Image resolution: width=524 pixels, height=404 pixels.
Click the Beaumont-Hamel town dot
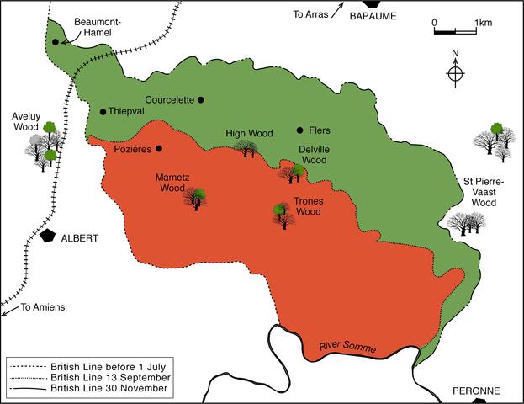click(56, 41)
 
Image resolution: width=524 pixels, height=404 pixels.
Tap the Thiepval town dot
click(103, 112)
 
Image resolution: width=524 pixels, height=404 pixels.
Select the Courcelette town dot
click(201, 99)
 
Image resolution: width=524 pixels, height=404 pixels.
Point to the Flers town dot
click(300, 130)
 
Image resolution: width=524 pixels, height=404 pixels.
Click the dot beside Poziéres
click(158, 149)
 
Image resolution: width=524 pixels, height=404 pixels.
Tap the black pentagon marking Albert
click(49, 237)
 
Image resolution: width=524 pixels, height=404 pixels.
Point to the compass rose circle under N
click(454, 74)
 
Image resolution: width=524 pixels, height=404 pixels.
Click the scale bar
click(457, 33)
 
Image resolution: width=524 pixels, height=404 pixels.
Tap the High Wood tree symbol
click(246, 149)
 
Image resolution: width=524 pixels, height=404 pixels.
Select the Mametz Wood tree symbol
click(197, 199)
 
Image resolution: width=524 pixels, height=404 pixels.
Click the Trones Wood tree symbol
click(283, 215)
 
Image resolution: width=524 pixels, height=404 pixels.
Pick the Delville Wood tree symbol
click(294, 173)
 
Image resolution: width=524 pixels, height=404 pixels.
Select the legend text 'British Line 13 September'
click(110, 378)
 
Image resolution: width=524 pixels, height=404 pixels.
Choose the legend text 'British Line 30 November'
click(110, 390)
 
